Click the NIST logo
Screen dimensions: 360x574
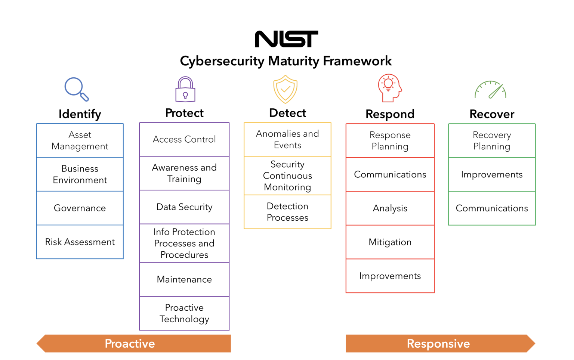click(x=286, y=39)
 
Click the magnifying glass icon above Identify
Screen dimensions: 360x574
click(x=76, y=89)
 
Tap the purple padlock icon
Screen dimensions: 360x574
click(x=185, y=90)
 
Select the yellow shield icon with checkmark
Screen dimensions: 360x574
click(x=286, y=89)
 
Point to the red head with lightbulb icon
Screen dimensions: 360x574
click(x=389, y=88)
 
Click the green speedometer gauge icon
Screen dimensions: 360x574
click(x=491, y=90)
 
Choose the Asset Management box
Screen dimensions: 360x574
click(x=80, y=140)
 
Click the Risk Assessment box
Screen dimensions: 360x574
click(x=80, y=242)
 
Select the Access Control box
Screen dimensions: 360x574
click(x=184, y=139)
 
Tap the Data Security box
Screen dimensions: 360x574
click(x=184, y=207)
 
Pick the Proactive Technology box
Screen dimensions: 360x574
click(x=184, y=313)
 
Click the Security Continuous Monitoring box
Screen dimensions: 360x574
click(x=287, y=176)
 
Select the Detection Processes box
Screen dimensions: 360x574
click(x=287, y=212)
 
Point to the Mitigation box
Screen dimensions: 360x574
click(x=390, y=242)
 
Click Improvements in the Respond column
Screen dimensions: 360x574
click(x=390, y=276)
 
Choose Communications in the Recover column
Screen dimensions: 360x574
click(x=492, y=208)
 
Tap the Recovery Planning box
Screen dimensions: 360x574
click(x=492, y=140)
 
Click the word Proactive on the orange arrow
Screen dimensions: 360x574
click(x=130, y=344)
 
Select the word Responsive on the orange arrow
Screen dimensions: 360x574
click(x=438, y=344)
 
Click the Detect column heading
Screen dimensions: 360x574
click(x=287, y=113)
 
